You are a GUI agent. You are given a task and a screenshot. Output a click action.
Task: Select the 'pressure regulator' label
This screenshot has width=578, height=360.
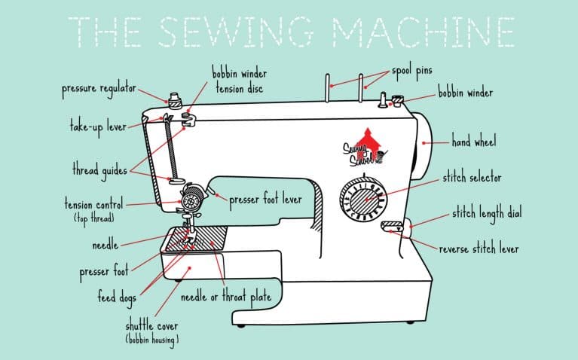(98, 90)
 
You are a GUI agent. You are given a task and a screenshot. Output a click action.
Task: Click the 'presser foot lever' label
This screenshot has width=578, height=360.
(265, 200)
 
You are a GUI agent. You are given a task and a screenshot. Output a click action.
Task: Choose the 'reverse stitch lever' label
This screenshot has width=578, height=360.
(479, 249)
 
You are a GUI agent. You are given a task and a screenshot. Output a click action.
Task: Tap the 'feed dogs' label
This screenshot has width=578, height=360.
(116, 298)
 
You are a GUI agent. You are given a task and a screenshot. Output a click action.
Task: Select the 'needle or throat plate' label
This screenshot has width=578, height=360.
(225, 297)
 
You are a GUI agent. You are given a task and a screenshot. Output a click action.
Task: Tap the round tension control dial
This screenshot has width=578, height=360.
(191, 202)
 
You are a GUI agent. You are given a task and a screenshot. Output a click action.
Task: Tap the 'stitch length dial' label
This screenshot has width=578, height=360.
(486, 213)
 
